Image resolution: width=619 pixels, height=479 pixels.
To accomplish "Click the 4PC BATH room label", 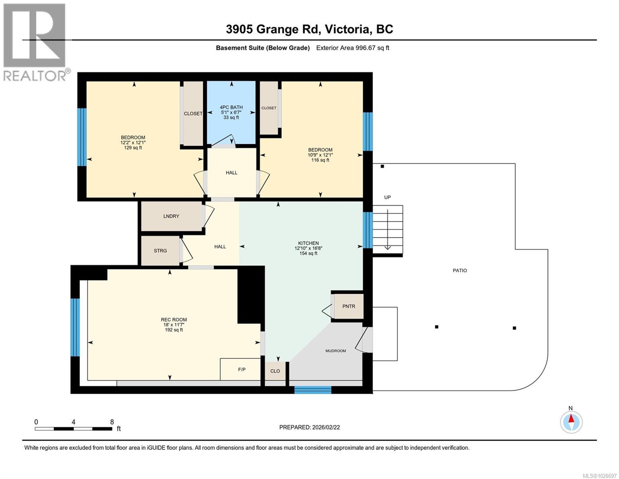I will pos(231,107).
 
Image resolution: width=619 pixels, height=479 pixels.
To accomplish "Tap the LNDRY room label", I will pos(171,216).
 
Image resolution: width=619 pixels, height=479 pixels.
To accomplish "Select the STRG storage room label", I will pos(160,251).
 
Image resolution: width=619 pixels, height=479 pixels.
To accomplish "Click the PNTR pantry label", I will pos(348,307).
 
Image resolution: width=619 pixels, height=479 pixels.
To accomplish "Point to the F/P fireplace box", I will pos(241,370).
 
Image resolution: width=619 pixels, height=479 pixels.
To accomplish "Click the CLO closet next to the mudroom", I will pos(275,371).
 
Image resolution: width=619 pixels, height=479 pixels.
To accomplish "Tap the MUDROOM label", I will pos(336,351).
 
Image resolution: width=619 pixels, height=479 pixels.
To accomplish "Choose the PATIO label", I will pos(460,271).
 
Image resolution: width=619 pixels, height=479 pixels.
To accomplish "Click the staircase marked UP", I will pos(387,228).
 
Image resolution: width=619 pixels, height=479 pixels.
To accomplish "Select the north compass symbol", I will pos(571,422).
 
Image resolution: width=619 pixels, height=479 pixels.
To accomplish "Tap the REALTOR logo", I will pos(35,42).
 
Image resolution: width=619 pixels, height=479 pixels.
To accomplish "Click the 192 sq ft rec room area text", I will pos(174,330).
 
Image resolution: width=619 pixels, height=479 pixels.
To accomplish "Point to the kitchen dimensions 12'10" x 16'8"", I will pos(308,248).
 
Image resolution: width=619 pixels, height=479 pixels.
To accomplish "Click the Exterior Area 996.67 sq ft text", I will pos(352,48).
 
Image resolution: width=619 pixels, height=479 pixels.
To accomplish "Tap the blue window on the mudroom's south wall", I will pos(312,390).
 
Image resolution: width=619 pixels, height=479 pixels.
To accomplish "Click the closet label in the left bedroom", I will pos(193,114).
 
